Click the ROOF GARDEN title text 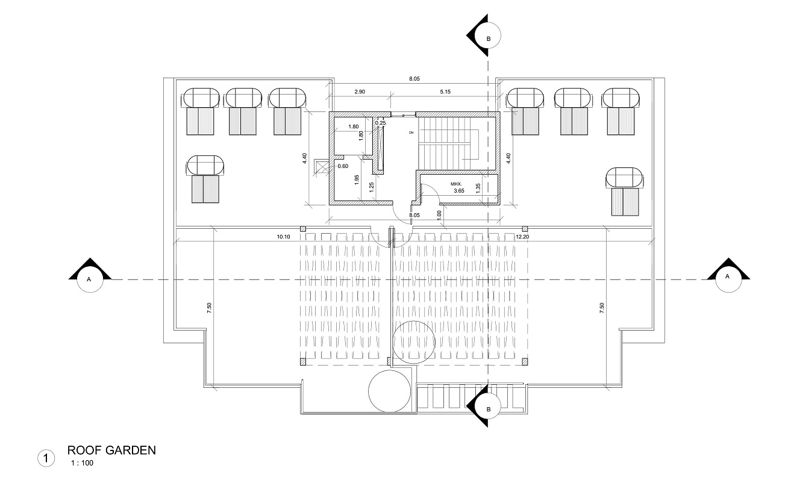click(x=111, y=450)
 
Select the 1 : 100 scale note click(x=82, y=463)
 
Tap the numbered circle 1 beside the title click(x=46, y=459)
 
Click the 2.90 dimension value click(x=360, y=91)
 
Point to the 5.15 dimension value click(x=445, y=91)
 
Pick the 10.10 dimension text click(x=283, y=237)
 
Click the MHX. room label click(x=455, y=184)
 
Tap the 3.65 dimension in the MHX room click(x=459, y=191)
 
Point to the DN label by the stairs click(x=411, y=132)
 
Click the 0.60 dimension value click(x=343, y=166)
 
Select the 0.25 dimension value click(x=380, y=123)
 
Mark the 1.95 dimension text click(x=357, y=179)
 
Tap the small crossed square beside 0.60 click(x=320, y=167)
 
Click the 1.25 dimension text click(x=372, y=187)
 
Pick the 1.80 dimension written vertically click(x=361, y=135)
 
